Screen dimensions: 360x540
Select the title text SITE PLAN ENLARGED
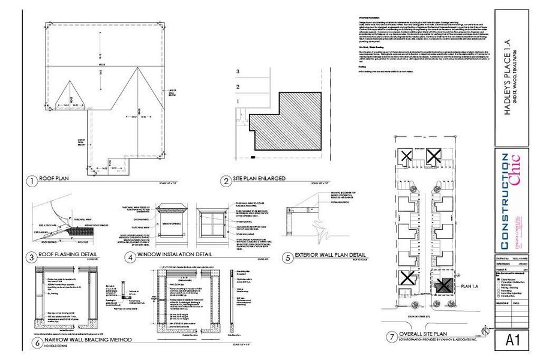(259, 179)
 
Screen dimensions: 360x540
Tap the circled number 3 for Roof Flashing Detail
(30, 257)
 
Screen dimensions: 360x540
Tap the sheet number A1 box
(513, 340)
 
